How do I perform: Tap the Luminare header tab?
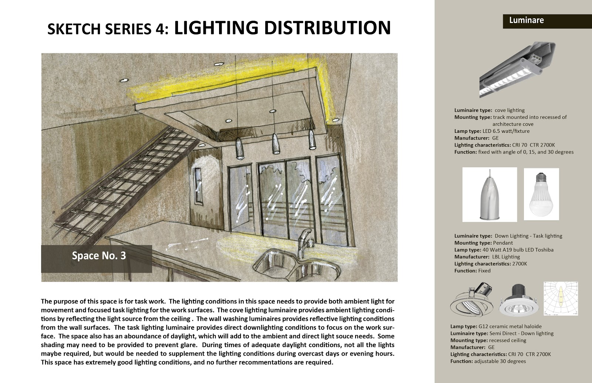click(526, 20)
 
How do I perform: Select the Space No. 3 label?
click(98, 256)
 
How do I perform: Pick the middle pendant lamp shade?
click(275, 144)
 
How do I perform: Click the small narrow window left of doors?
click(198, 186)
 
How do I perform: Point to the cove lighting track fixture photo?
click(517, 70)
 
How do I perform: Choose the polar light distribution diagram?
click(561, 299)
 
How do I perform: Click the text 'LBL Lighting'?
click(506, 257)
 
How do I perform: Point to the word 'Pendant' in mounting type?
click(503, 243)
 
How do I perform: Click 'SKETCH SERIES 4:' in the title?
click(108, 29)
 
